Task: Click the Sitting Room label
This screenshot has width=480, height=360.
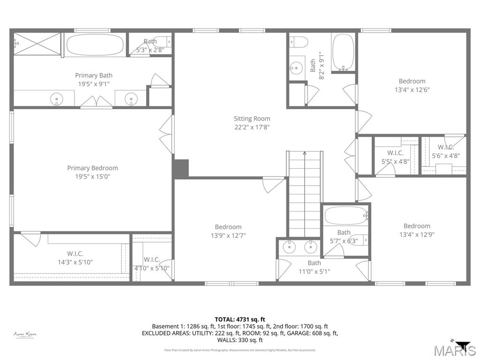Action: click(252, 119)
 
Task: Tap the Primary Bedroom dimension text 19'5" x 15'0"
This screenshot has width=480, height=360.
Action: click(92, 177)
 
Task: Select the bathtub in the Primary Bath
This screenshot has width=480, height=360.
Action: click(95, 45)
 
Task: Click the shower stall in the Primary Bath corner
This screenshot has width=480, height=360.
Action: click(37, 44)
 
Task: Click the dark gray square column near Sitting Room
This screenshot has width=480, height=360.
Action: click(181, 169)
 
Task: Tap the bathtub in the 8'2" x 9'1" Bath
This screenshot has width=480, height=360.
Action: click(344, 52)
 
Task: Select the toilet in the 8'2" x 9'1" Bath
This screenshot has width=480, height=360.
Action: click(298, 43)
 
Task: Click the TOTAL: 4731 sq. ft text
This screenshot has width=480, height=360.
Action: click(240, 319)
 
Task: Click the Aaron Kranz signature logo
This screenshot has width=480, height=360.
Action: click(25, 335)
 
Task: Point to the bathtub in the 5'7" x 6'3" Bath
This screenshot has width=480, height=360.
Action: click(346, 216)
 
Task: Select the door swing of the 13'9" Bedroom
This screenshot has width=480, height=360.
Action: click(273, 184)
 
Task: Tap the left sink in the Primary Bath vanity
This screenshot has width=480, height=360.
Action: click(57, 98)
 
